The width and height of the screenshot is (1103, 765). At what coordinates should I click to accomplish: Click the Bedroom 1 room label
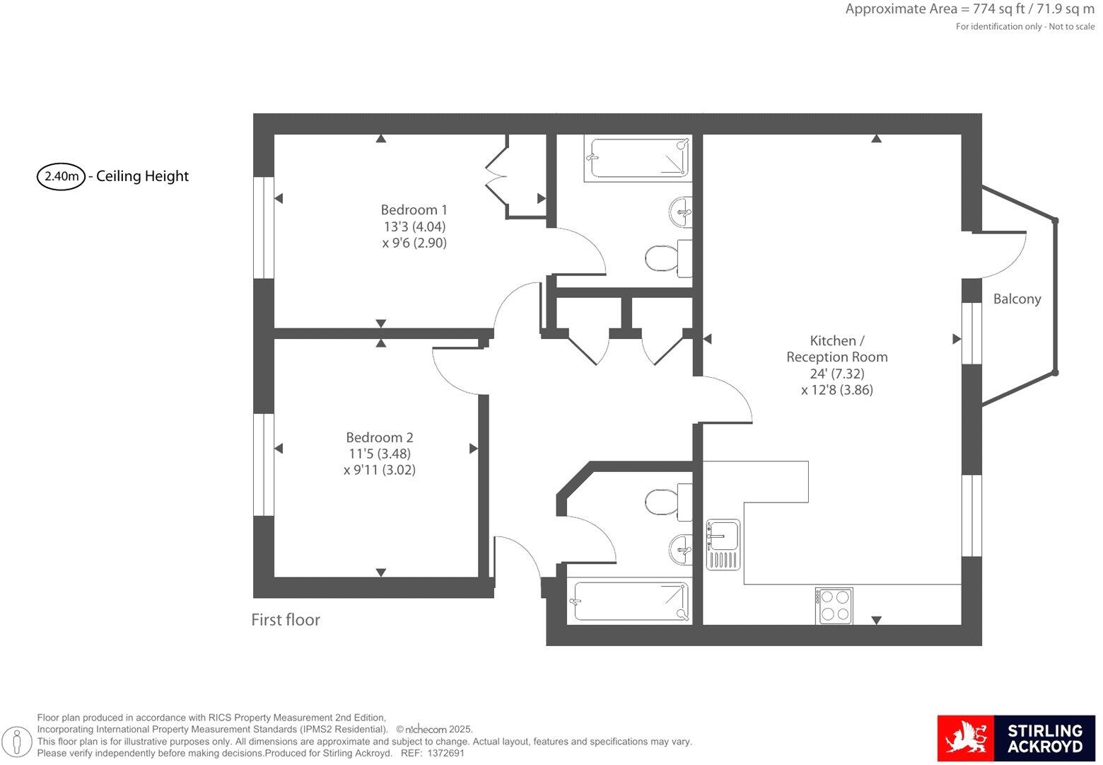414,210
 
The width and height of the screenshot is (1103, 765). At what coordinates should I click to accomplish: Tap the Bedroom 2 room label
379,437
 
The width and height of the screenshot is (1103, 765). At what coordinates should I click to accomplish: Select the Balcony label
1017,299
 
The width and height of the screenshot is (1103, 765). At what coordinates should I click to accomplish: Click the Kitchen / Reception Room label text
836,349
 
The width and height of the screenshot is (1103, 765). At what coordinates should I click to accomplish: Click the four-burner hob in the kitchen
834,606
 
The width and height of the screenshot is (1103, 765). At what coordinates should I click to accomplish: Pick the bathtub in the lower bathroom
629,602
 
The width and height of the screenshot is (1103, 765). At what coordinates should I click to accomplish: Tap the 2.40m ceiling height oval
61,176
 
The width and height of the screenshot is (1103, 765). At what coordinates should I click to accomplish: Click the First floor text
286,620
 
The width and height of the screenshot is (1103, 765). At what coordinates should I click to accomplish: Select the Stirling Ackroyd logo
1015,738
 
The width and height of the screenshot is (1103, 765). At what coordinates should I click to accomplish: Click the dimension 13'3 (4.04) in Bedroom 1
414,226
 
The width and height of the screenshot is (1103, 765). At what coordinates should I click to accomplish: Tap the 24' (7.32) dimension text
836,374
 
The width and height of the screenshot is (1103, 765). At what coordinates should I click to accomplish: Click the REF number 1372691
445,754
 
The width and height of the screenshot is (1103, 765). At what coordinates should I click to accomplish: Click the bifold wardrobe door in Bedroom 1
496,170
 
